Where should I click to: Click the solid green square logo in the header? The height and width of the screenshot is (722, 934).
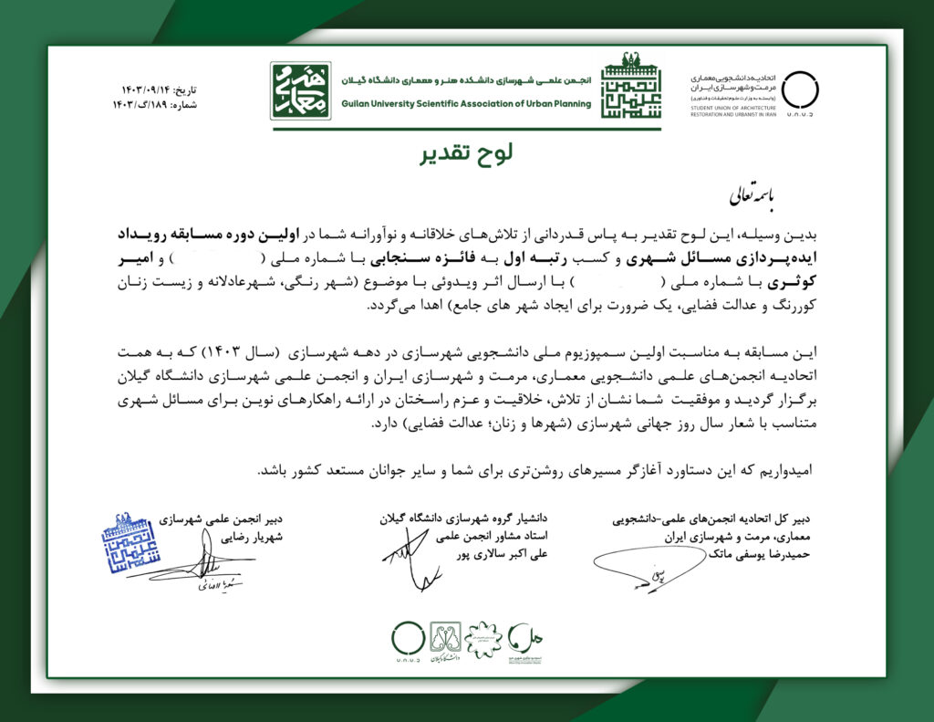pos(301,90)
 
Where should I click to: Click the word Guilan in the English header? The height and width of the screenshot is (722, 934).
pos(362,103)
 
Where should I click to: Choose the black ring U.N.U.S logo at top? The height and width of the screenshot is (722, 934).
pos(800,89)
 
